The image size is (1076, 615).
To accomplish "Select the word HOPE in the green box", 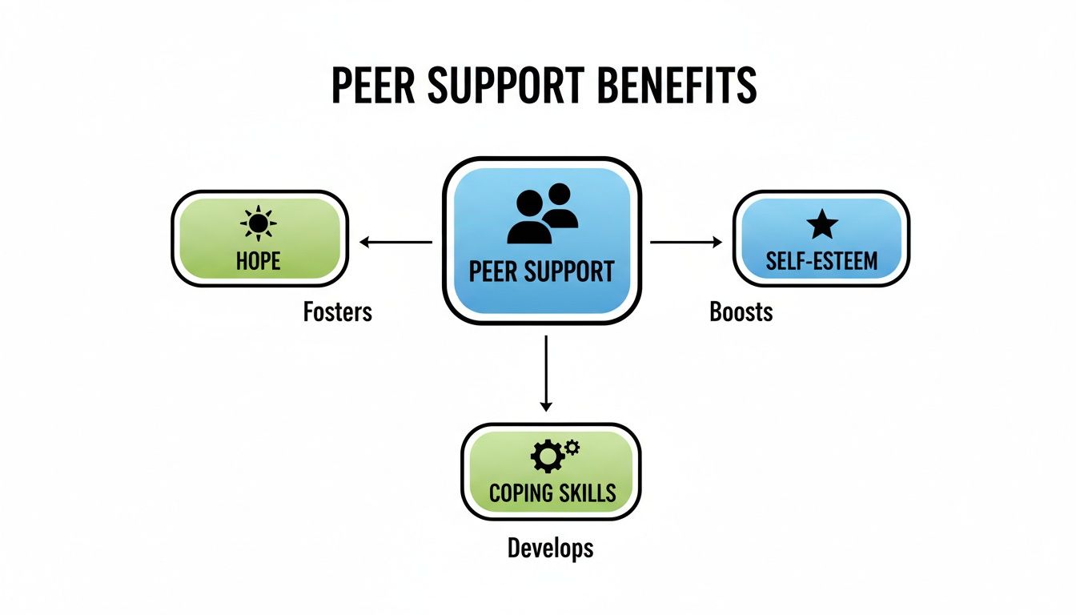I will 259,260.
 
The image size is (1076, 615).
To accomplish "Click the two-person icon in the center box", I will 542,214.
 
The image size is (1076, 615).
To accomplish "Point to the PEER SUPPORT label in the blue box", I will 542,271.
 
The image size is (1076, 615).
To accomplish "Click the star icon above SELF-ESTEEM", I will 821,225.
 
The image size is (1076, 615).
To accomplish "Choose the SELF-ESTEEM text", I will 821,260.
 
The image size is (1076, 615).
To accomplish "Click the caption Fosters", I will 338,311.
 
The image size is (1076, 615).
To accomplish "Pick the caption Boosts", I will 741,311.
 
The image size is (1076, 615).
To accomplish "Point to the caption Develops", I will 551,548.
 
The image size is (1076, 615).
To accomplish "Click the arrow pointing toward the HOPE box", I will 395,242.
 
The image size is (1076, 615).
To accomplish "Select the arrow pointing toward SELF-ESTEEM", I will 686,242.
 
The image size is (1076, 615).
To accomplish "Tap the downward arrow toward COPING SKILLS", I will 546,372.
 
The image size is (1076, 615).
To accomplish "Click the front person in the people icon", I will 528,219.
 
